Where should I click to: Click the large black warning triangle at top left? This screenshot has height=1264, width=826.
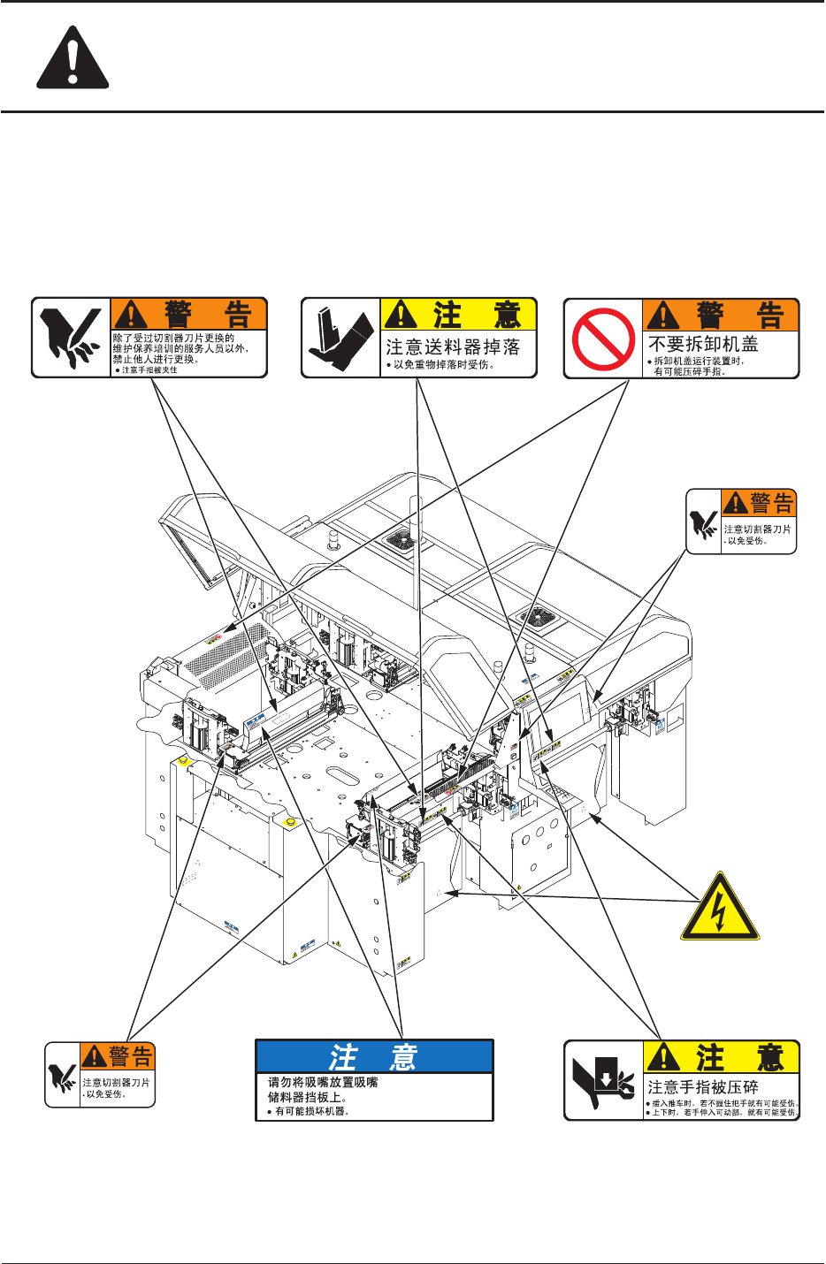[73, 59]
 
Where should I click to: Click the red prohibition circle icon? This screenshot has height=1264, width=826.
[604, 339]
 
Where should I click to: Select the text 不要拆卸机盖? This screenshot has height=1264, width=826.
[703, 344]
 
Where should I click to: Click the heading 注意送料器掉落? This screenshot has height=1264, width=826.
[453, 346]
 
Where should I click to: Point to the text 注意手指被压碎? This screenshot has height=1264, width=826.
[703, 1086]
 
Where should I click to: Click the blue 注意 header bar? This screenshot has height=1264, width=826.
[374, 1057]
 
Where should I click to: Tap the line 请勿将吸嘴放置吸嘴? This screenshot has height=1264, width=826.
[323, 1082]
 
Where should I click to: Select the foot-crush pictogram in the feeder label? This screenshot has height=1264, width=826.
[341, 339]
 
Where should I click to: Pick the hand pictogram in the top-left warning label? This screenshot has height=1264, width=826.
[72, 339]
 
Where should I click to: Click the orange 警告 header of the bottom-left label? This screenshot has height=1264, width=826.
[118, 1055]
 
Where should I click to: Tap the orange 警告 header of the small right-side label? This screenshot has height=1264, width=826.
[759, 503]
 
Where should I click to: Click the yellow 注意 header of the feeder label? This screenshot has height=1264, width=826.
[459, 315]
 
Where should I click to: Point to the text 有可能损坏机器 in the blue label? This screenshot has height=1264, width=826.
[311, 1111]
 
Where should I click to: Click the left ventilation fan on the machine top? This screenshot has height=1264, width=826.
[407, 540]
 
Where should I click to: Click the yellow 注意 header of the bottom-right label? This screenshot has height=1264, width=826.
[722, 1057]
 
